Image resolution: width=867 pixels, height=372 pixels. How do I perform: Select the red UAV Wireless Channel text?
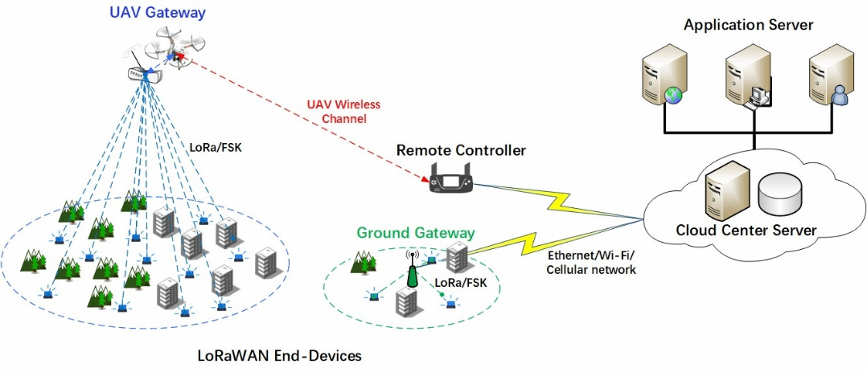coord(343,112)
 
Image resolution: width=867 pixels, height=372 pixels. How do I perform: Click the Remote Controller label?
coord(461,150)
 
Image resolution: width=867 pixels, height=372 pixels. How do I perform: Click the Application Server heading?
coord(748,25)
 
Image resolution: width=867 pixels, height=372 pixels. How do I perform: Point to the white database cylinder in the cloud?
coord(779,195)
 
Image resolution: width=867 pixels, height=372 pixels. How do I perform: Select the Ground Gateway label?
coord(416,233)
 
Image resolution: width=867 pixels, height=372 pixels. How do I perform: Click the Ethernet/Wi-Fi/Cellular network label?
coord(591,263)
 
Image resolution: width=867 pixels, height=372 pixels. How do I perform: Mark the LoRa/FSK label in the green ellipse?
coord(461,283)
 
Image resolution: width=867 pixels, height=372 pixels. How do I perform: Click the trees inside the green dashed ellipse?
coord(364,262)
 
